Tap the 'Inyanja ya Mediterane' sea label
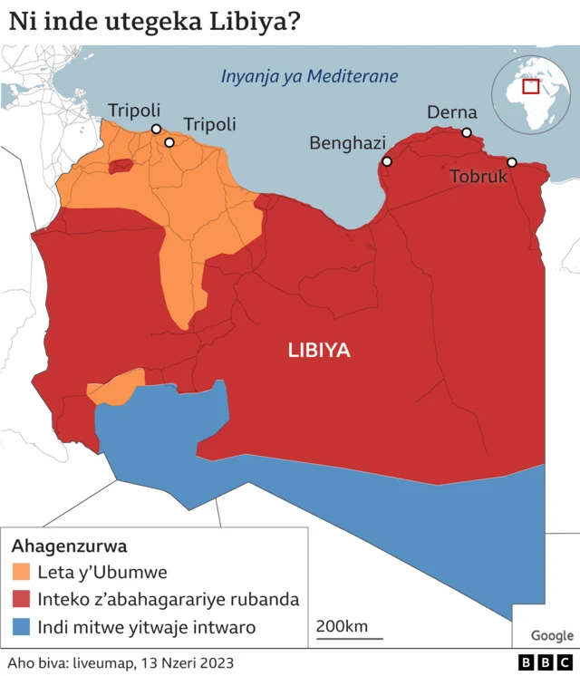310,75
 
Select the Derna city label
452,112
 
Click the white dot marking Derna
467,133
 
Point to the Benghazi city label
347,143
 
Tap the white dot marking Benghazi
387,161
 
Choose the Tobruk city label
478,177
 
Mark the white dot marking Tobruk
511,162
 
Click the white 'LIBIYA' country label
319,351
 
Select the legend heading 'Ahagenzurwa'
69,546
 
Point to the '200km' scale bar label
342,626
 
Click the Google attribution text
552,635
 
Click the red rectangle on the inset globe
531,86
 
